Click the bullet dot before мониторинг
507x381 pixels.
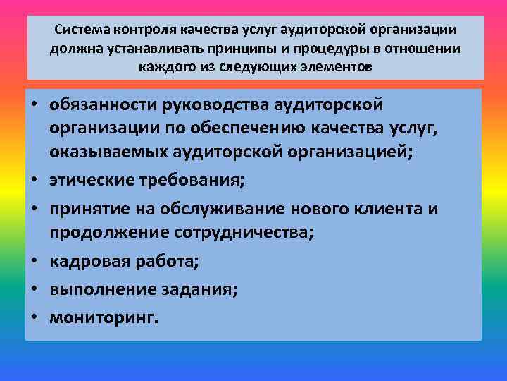click(x=34, y=317)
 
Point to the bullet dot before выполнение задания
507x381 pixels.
click(x=34, y=290)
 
